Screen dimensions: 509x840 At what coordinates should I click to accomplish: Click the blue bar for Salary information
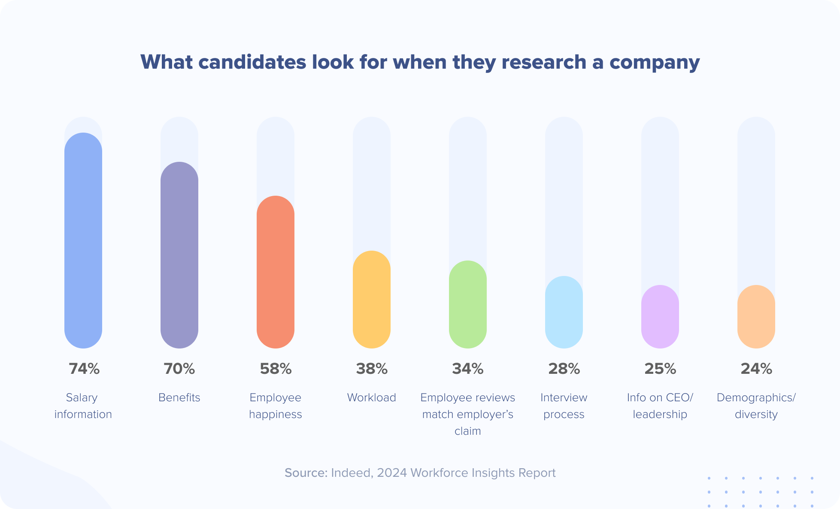tap(83, 240)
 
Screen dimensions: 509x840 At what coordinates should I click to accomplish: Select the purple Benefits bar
tap(179, 255)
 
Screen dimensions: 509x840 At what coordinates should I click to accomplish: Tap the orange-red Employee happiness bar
tap(276, 272)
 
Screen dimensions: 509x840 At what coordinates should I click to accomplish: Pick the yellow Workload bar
tap(372, 300)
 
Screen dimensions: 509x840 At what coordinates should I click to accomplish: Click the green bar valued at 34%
tap(468, 304)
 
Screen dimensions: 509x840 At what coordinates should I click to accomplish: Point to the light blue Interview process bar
tap(564, 312)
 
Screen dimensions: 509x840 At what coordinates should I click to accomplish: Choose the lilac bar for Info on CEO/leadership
tap(660, 317)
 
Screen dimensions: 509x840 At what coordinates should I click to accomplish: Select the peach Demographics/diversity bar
tap(756, 317)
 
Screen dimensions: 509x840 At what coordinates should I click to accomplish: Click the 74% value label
tap(84, 369)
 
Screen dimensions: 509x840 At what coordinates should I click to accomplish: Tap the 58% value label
tap(276, 369)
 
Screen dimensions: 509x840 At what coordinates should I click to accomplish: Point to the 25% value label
tap(660, 369)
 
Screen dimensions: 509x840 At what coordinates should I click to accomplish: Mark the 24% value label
tap(756, 369)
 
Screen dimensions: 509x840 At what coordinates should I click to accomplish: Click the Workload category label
tap(372, 397)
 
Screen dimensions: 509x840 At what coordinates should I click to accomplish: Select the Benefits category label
tap(179, 397)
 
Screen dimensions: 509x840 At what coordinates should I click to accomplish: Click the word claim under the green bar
tap(468, 431)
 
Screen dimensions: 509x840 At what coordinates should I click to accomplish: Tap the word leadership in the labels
tap(660, 414)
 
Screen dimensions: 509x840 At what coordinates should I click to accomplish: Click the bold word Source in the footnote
tap(306, 473)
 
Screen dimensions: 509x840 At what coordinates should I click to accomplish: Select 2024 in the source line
tap(392, 473)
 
